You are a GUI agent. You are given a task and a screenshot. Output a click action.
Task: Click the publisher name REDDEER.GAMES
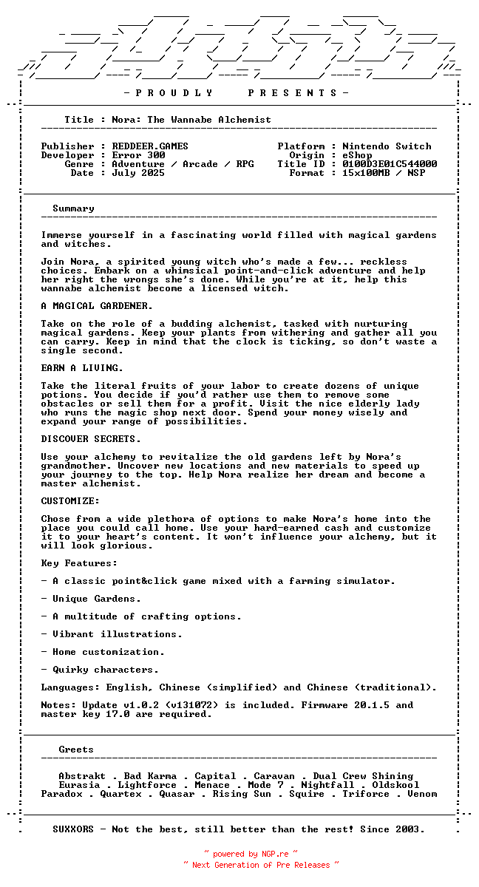coord(150,146)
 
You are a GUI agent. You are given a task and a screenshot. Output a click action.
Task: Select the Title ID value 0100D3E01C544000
coord(390,164)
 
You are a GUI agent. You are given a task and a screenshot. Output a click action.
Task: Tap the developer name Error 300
coord(138,155)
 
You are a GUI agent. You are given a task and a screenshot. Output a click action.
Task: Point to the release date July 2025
coord(138,173)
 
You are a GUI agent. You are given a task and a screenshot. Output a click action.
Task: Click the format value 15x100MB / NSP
coord(384,173)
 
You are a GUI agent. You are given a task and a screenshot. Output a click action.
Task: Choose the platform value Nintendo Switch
coord(387,146)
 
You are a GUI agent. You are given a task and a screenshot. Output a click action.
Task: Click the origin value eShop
coord(357,155)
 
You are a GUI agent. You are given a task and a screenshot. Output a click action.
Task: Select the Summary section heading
coord(73,208)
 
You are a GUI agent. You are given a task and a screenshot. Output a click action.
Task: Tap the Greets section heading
coord(76,750)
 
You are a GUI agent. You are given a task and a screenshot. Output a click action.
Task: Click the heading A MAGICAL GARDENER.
coord(97,306)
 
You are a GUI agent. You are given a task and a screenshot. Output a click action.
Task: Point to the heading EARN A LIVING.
coord(82,368)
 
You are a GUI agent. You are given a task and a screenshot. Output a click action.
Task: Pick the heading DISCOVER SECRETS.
coord(91,439)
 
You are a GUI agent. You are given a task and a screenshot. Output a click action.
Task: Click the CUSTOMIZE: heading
coord(70,501)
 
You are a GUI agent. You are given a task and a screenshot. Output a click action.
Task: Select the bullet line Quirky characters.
coord(105,670)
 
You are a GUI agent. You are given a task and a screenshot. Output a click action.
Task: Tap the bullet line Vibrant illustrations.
coord(117,634)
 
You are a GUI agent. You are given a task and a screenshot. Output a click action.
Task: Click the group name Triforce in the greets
coord(366,794)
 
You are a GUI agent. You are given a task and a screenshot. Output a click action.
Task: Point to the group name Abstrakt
coord(82,776)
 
